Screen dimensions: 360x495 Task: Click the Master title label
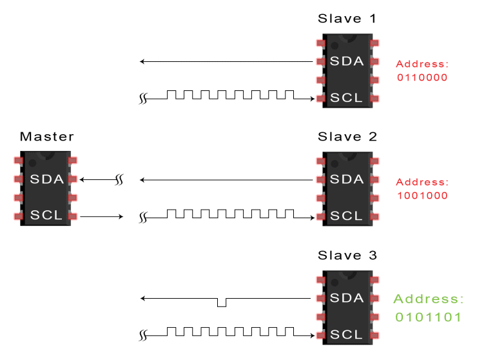(47, 137)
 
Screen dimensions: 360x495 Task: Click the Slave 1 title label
(347, 19)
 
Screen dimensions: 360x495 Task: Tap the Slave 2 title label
(347, 137)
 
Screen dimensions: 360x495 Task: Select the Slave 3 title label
(347, 255)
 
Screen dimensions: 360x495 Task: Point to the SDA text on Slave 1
(347, 61)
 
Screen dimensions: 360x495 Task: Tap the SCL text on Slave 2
(347, 216)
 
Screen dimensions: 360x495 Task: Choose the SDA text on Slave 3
(347, 298)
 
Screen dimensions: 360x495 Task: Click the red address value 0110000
(422, 77)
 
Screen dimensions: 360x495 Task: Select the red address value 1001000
(422, 195)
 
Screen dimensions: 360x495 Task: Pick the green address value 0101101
(428, 318)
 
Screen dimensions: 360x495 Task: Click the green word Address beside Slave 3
(428, 299)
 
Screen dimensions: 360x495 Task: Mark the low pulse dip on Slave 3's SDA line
(222, 303)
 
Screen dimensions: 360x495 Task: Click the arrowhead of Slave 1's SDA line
(144, 62)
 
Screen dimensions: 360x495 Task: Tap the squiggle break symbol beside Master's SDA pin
(119, 179)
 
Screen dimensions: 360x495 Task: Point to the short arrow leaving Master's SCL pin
(103, 216)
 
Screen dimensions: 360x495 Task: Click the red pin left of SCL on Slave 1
(320, 99)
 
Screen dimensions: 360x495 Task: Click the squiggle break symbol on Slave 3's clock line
(144, 335)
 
